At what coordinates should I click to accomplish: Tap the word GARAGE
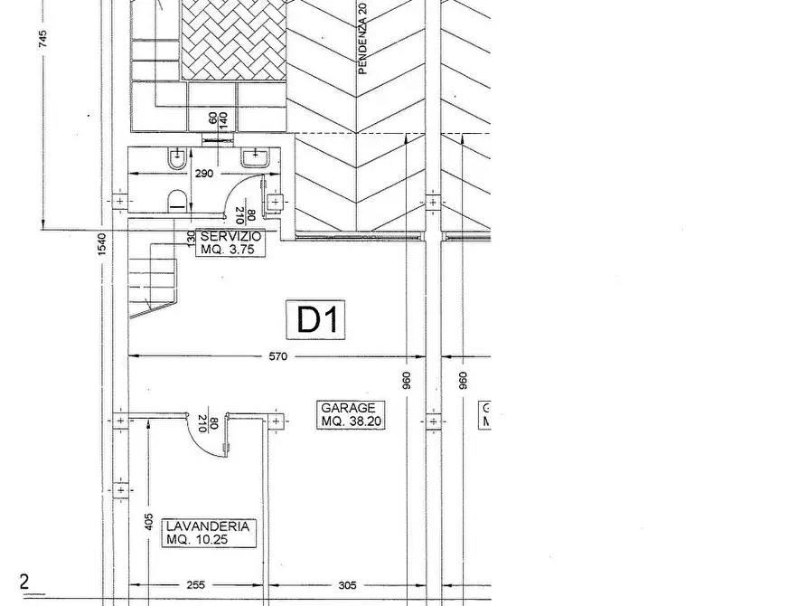click(342, 408)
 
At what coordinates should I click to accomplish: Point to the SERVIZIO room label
click(231, 236)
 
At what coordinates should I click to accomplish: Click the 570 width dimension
click(277, 356)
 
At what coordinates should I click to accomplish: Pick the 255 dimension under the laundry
click(195, 585)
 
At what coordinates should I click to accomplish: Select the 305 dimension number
click(347, 585)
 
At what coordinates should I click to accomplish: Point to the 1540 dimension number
click(102, 244)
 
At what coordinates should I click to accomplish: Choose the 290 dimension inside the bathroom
click(203, 173)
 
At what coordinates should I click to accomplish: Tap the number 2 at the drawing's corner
click(24, 582)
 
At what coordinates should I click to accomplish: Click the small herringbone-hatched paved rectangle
click(233, 39)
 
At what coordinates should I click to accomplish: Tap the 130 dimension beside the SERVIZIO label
click(191, 239)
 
